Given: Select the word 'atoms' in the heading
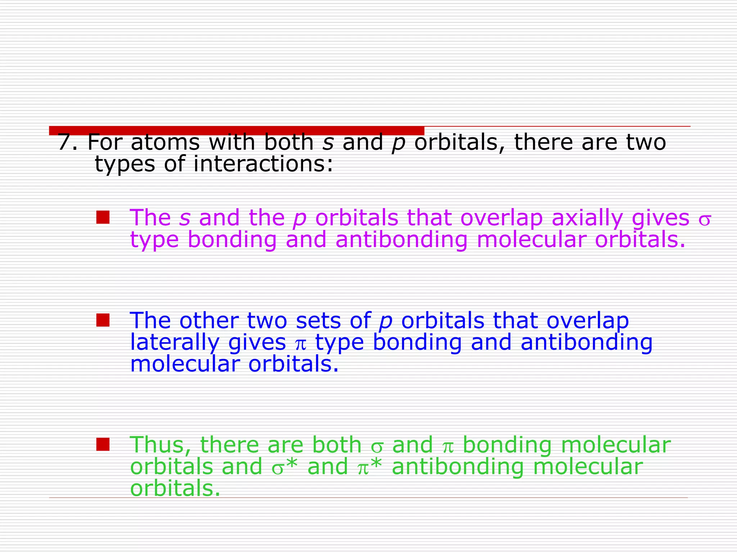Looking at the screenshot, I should pos(165,142).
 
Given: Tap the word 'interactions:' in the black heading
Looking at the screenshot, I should pos(263,164).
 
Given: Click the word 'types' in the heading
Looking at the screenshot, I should pos(125,165).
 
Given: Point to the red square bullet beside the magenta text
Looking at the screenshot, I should pos(103,217).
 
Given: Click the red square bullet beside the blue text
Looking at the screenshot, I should pos(103,320).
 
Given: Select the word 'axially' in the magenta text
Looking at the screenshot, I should pos(587,218).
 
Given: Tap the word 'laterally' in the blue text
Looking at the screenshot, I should pos(175,342).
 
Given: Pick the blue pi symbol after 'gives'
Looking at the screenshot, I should pos(300,344).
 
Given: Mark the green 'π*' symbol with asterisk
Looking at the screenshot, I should pos(369,467).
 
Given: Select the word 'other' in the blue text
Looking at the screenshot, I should pos(209,320).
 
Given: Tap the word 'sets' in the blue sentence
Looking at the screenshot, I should pos(318,320).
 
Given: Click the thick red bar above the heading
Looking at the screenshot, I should pos(236,130).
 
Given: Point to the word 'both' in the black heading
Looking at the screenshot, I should pos(289,142).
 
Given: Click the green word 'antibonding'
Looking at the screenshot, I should pos(457,467).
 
